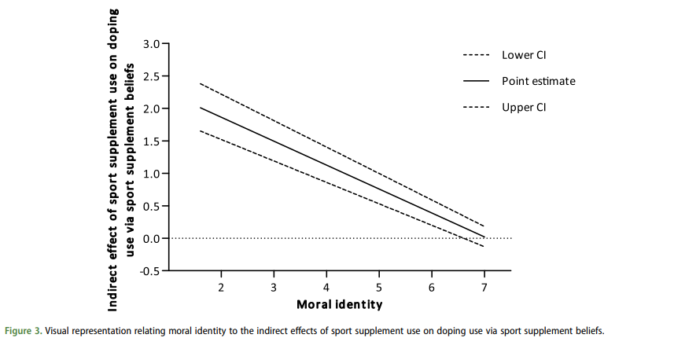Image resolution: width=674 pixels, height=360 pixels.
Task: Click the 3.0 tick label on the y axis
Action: click(150, 44)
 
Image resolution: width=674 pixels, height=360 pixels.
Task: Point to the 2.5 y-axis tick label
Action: click(150, 76)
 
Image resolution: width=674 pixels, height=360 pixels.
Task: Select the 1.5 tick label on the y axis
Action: click(150, 141)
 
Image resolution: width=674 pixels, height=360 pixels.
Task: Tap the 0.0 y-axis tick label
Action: click(150, 238)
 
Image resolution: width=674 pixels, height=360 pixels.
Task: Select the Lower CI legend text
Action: click(524, 55)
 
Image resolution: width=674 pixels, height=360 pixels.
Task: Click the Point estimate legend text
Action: click(539, 81)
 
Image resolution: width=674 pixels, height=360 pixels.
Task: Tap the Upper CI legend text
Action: click(524, 108)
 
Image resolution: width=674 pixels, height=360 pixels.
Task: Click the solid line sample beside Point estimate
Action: click(477, 81)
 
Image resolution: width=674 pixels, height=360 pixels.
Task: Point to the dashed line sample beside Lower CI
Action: click(477, 55)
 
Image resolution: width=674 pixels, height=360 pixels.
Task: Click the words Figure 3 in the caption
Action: click(24, 331)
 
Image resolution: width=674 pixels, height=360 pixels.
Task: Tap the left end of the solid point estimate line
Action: click(201, 108)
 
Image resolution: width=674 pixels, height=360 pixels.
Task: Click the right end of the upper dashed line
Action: click(484, 226)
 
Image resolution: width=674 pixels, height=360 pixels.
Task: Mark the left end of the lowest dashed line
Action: click(201, 130)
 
